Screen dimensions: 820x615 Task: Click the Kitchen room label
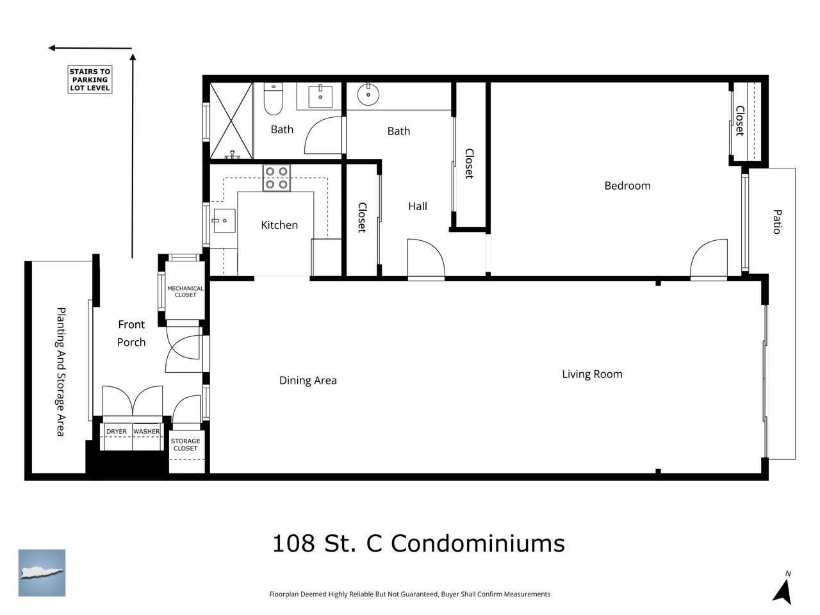click(x=279, y=225)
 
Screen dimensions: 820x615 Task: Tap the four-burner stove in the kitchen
click(x=277, y=177)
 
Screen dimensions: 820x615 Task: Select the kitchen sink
click(x=224, y=220)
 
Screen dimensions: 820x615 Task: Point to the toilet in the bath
click(x=274, y=99)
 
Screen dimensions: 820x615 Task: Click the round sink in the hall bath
click(x=368, y=94)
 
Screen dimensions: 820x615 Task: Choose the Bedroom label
click(x=627, y=186)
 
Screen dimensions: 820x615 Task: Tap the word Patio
click(x=777, y=222)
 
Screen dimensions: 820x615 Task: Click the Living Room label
click(x=592, y=373)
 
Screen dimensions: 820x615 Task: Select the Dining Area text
click(x=308, y=380)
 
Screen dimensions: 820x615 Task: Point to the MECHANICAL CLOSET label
click(x=185, y=291)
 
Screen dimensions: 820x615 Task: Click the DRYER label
click(x=117, y=431)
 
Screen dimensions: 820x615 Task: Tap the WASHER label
click(x=147, y=431)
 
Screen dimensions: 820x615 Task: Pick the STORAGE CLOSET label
click(x=185, y=445)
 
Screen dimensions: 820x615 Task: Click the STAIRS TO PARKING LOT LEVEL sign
click(x=90, y=79)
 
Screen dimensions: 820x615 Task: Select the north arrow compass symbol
click(x=783, y=591)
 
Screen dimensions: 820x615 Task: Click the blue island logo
click(x=42, y=573)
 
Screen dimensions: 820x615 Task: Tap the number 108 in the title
click(x=293, y=543)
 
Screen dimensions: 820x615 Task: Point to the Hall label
click(x=417, y=206)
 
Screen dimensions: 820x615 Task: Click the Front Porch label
click(x=131, y=333)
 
